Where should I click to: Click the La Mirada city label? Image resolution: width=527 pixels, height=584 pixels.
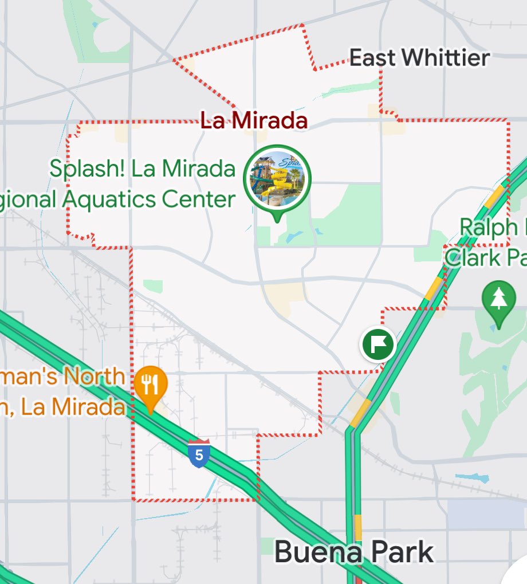pos(254,121)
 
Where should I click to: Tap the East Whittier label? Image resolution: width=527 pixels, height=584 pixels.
pos(419,57)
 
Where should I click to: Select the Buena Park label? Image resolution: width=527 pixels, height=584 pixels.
pos(353,552)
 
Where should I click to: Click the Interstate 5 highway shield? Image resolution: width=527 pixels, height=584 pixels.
pos(198,453)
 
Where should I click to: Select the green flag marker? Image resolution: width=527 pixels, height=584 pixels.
pos(378,344)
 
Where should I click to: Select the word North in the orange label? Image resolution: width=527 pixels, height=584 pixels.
pos(94,377)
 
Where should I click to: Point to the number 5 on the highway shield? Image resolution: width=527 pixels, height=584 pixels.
pos(198,455)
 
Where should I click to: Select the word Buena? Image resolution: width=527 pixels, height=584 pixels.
pos(317,552)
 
